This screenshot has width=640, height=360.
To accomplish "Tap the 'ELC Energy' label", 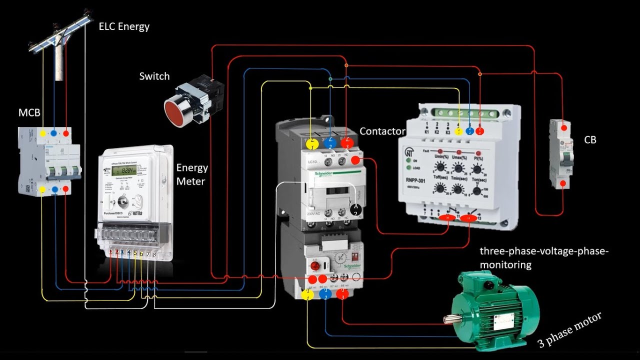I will (124, 26).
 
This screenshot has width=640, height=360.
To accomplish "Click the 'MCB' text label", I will (29, 112).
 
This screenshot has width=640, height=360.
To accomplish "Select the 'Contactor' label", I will (382, 131).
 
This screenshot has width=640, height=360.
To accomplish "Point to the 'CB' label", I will (590, 140).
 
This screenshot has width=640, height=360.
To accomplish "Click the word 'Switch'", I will (154, 76).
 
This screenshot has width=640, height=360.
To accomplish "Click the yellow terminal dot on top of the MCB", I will (42, 133).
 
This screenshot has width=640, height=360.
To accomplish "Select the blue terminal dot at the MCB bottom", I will (54, 189).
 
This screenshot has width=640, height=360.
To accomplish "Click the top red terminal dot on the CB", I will (564, 128).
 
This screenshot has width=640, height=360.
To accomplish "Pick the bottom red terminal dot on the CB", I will (563, 184).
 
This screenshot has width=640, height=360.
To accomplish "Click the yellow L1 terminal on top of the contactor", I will (311, 143).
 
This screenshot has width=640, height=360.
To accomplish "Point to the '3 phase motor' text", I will (569, 330).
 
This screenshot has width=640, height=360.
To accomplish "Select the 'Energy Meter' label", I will (191, 174).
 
